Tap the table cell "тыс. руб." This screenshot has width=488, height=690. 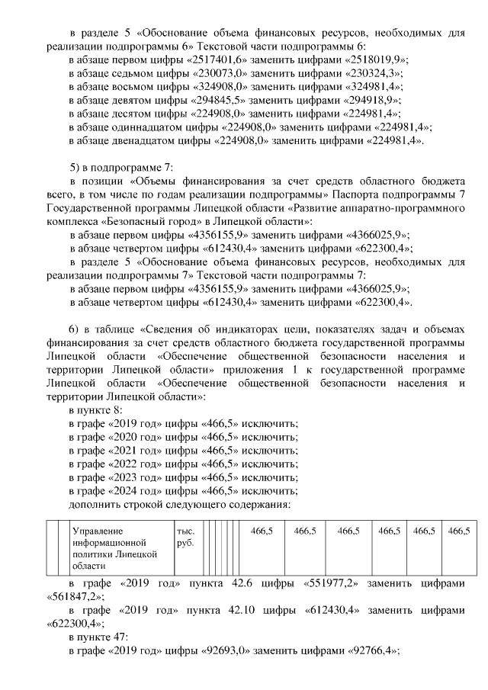(186, 536)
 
